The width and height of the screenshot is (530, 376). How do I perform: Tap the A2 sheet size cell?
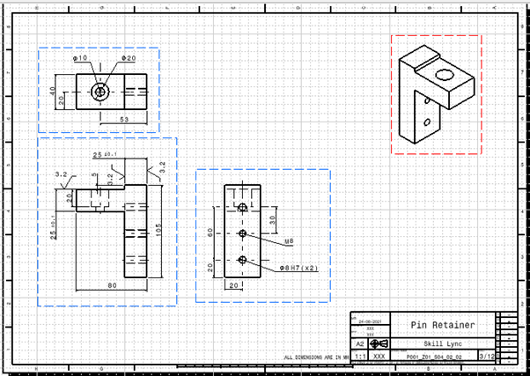click(359, 344)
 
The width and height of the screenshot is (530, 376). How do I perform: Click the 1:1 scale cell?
click(359, 357)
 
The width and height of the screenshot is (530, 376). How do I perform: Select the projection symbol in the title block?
click(379, 344)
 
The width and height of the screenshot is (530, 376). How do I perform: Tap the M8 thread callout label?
click(289, 240)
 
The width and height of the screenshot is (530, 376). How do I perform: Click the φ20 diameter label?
click(129, 58)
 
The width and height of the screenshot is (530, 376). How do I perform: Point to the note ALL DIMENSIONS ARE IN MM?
click(315, 358)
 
